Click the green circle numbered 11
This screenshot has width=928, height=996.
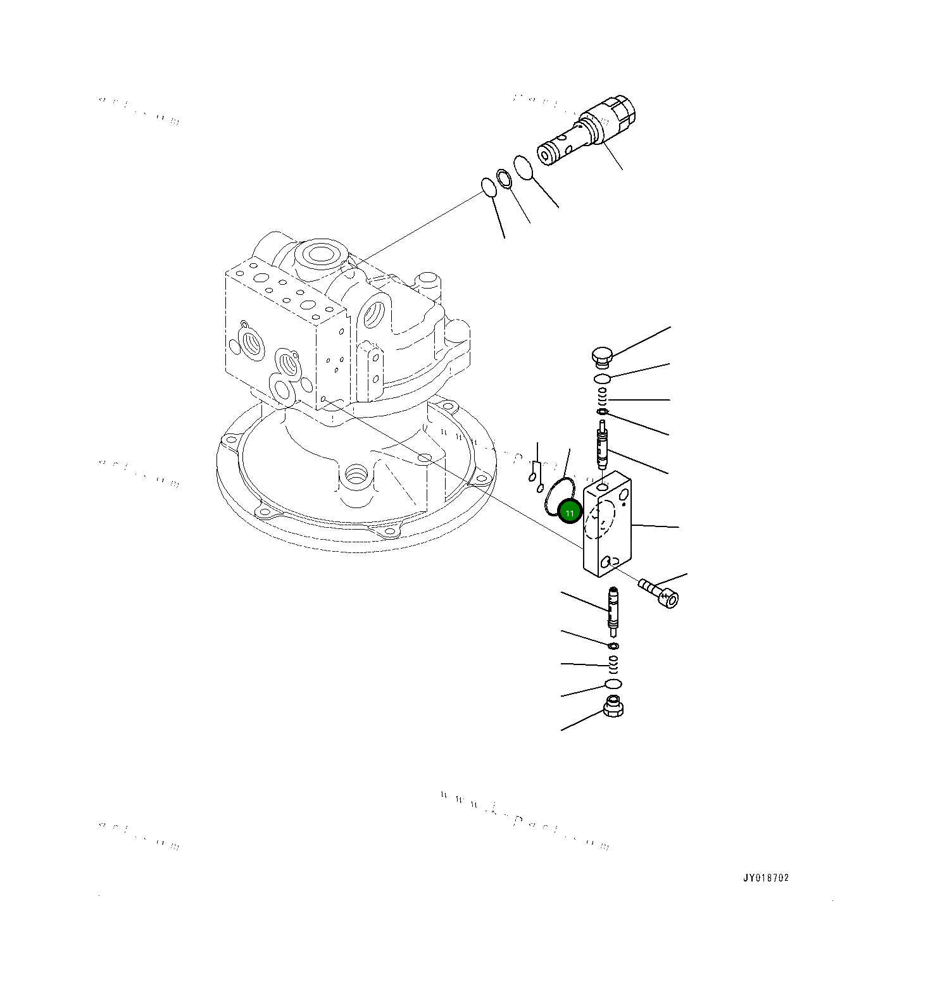(x=569, y=513)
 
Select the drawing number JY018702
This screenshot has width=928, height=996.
(x=766, y=878)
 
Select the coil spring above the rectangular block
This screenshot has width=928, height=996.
(x=603, y=397)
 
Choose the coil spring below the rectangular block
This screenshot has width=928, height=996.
(x=612, y=665)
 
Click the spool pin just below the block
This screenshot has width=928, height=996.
(x=612, y=609)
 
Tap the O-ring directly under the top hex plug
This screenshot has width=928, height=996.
(x=602, y=378)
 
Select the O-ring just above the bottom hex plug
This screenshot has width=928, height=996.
(x=613, y=684)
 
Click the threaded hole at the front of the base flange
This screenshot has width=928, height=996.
(x=356, y=473)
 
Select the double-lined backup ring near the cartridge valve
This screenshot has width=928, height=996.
(x=504, y=179)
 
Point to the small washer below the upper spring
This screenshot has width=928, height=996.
(x=603, y=412)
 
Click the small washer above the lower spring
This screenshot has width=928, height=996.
(x=613, y=646)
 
